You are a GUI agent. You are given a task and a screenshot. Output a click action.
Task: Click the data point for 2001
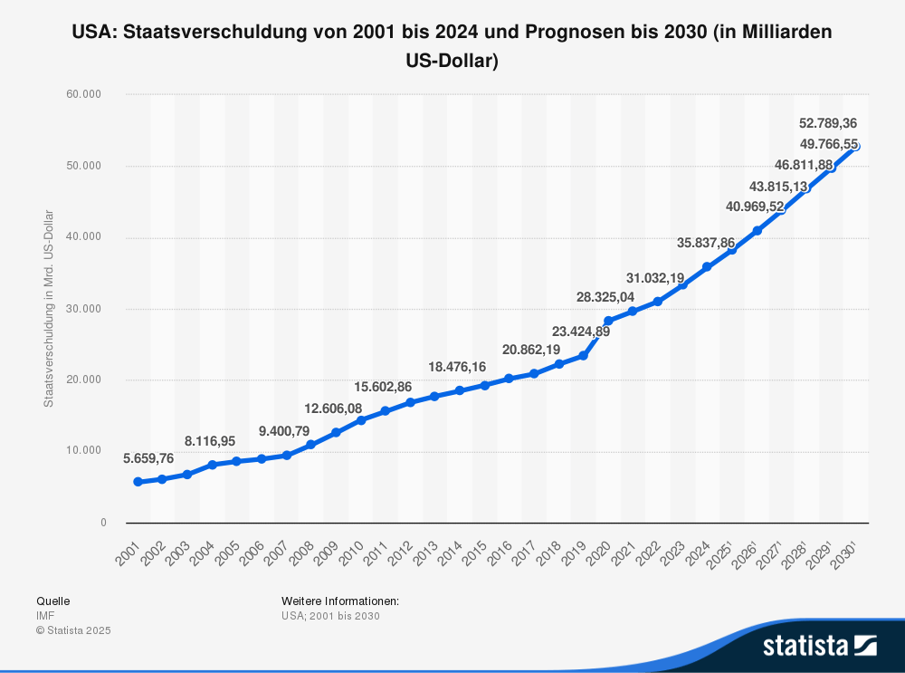(138, 482)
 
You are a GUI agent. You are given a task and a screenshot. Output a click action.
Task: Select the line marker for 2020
(608, 321)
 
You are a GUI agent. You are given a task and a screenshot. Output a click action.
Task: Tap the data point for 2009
(336, 433)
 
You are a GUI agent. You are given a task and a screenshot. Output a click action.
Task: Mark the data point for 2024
(707, 267)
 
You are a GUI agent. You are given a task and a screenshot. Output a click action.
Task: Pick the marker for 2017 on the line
(534, 373)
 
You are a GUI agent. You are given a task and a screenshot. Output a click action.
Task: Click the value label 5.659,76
(148, 458)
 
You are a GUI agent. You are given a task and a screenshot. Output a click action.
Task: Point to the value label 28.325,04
(605, 297)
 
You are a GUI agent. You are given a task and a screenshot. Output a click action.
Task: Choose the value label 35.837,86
(706, 243)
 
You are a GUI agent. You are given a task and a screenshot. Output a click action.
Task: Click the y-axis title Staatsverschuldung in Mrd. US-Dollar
(49, 308)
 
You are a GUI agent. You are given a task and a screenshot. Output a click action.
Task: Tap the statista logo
(819, 645)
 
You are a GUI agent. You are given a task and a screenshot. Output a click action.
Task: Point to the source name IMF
(45, 616)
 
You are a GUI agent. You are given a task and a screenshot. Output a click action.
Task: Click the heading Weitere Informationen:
(340, 601)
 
